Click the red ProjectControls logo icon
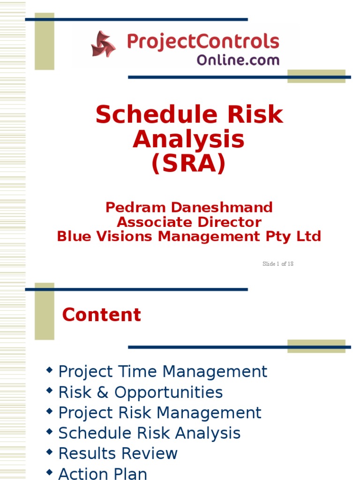pos(103,44)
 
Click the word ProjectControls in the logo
pos(203,42)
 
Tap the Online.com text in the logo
pos(238,60)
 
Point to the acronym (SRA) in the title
pos(188,164)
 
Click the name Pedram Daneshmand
pos(189,207)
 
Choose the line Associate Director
pos(189,222)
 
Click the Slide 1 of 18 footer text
pos(278,264)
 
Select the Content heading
pos(101,315)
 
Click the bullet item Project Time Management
pos(163,372)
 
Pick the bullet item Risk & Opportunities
pos(140,392)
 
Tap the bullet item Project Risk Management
pos(160,413)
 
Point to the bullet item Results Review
pos(118,454)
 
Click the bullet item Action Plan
pos(103,473)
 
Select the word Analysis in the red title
pos(188,139)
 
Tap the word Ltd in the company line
pos(310,236)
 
